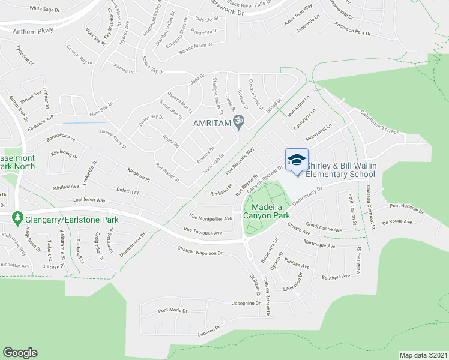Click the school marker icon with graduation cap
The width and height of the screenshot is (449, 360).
coord(297,160)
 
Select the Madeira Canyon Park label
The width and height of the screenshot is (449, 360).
coord(266,211)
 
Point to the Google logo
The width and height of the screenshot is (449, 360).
coord(20,352)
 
